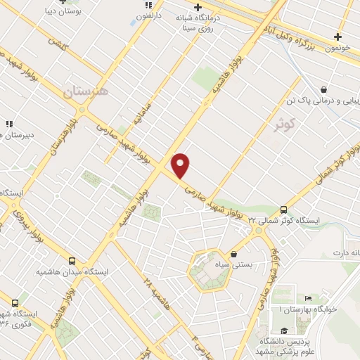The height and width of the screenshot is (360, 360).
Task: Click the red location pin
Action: [181, 165]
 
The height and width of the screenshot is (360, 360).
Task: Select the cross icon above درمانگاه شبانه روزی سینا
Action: [199, 7]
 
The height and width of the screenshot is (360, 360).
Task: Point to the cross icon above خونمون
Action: [338, 37]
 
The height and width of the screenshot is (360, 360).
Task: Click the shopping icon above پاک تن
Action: [323, 90]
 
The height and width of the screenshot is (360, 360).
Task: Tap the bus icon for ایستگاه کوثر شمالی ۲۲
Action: [283, 209]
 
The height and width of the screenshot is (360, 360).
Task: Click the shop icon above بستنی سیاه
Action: [233, 254]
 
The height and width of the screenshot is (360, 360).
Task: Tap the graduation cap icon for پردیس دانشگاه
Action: [283, 330]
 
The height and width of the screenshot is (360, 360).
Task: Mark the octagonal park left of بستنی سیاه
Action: [209, 271]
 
